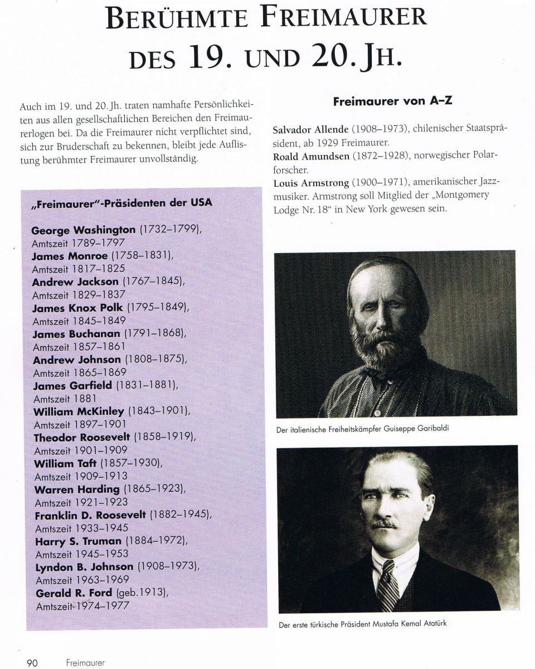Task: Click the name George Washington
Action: pyautogui.click(x=83, y=230)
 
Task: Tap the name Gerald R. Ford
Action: pyautogui.click(x=73, y=593)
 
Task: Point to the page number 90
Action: pyautogui.click(x=32, y=663)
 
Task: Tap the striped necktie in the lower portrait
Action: pyautogui.click(x=387, y=585)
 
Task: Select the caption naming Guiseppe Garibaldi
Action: pyautogui.click(x=362, y=429)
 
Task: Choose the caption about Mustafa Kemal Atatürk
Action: pyautogui.click(x=362, y=624)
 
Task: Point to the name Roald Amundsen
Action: pyautogui.click(x=311, y=156)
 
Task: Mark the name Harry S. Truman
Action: pyautogui.click(x=79, y=541)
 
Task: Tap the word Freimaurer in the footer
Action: pyautogui.click(x=85, y=663)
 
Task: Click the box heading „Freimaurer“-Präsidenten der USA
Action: pyautogui.click(x=121, y=202)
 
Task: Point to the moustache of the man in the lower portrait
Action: pyautogui.click(x=385, y=523)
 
